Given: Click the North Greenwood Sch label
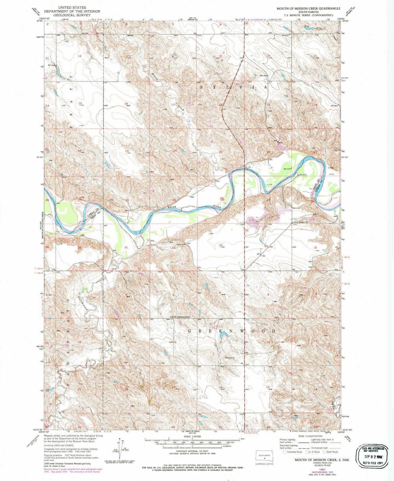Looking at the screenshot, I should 181,317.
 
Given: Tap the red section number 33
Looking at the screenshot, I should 221,246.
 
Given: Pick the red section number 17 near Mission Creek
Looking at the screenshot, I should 173,105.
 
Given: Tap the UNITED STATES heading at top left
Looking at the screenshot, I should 72,7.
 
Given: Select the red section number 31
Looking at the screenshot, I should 126,247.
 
